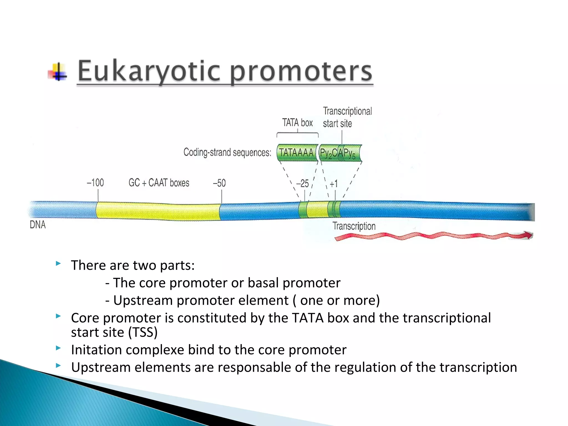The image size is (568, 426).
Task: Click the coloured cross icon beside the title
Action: coord(58,72)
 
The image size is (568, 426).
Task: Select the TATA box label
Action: coord(297,123)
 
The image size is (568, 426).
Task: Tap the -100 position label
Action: coord(95,183)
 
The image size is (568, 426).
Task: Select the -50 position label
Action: coord(219,183)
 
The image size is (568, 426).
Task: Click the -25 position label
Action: coord(302,184)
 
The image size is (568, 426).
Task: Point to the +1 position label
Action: coord(334,184)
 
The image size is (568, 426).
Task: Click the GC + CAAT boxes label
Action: coord(159,183)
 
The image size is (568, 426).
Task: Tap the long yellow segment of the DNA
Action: coord(158,211)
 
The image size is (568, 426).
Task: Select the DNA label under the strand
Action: coord(38,225)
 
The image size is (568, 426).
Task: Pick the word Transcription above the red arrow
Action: coord(354,226)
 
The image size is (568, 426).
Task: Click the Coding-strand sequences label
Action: coord(227,153)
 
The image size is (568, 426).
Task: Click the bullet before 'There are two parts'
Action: coord(58,263)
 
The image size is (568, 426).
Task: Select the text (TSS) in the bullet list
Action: coord(143,332)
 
